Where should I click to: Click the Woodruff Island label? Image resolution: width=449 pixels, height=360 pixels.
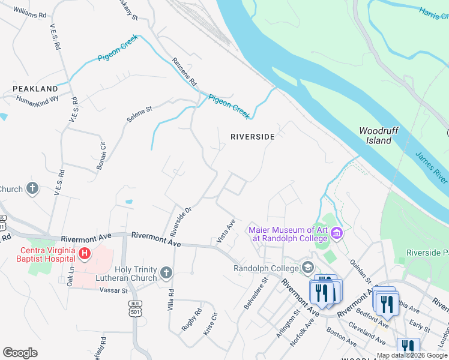[x=375, y=136]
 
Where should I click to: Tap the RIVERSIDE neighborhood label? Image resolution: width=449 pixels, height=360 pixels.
[x=253, y=137]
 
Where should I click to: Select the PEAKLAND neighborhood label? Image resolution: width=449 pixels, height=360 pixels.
[x=35, y=89]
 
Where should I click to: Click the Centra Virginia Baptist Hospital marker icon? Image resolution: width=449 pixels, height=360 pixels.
[x=85, y=253]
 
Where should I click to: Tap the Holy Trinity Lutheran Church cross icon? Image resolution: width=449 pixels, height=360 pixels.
[x=166, y=274]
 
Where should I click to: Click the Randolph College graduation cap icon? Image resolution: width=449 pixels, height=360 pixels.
[x=308, y=266]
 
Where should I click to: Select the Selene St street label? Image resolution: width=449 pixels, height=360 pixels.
[x=140, y=114]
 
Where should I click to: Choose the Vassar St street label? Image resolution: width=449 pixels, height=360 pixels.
[x=116, y=290]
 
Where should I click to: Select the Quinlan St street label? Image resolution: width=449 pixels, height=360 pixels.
[x=363, y=271]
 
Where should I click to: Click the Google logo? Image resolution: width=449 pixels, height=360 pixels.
[x=20, y=353]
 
